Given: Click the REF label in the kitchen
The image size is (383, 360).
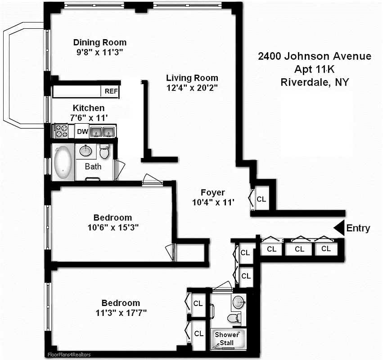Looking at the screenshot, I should pos(111,91).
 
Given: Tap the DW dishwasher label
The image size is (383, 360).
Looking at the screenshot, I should pos(82,131).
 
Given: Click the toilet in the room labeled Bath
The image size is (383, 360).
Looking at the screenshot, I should pos(104,152).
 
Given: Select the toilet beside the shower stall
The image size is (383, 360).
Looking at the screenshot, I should pos(233,318).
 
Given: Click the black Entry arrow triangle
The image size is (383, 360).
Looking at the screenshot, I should pos(338,228).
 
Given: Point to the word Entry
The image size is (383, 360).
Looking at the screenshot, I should pos(358,229).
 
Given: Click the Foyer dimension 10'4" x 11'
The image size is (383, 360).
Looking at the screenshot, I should pos(213,202).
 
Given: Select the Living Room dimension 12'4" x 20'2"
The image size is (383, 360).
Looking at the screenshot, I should pos(192,88).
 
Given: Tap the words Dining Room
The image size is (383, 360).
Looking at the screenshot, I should pos(100,42).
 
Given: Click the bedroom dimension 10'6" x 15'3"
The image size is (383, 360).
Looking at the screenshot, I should pos(113,227).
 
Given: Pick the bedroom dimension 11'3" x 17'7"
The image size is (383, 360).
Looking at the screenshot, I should pos(121,313).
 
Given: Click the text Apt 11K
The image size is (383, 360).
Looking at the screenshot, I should pos(314,69).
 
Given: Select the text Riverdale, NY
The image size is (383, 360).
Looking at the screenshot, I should pos(314,82).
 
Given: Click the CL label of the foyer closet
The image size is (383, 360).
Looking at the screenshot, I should pos(261,199).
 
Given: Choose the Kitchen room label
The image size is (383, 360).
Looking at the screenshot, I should pos(89,108).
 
